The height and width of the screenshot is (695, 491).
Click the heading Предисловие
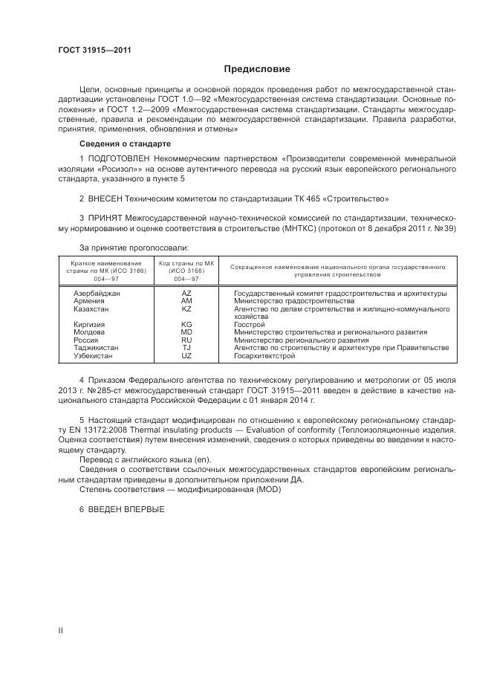click(x=257, y=69)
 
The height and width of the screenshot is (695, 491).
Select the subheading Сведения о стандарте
click(x=125, y=143)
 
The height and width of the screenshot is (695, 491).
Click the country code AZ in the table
click(x=186, y=294)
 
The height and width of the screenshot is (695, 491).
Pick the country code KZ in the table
click(x=186, y=308)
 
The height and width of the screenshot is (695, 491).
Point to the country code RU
click(x=186, y=340)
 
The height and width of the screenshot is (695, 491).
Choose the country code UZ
click(x=186, y=355)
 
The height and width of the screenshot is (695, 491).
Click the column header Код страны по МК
click(x=186, y=265)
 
